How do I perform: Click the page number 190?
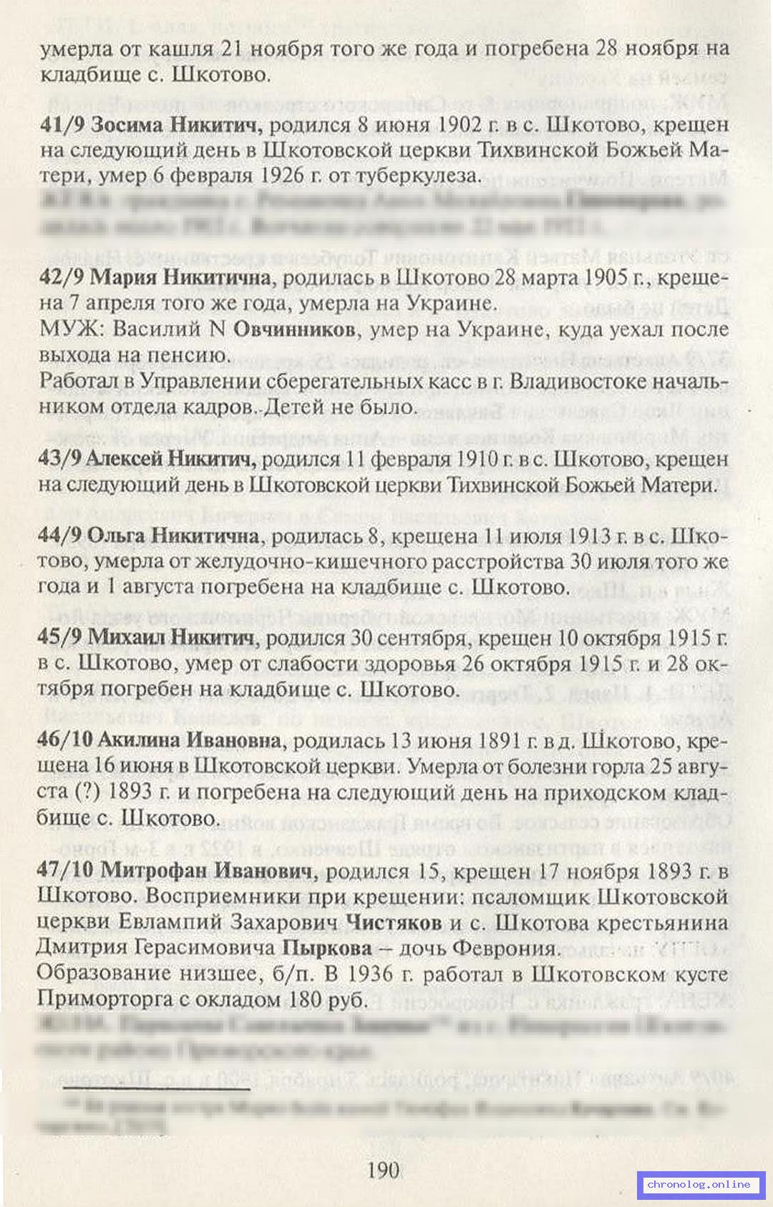coord(382,1171)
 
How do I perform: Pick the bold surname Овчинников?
coord(294,330)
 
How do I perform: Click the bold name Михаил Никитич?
coord(172,638)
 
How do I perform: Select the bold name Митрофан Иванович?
coord(208,871)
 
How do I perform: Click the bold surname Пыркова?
coord(328,949)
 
